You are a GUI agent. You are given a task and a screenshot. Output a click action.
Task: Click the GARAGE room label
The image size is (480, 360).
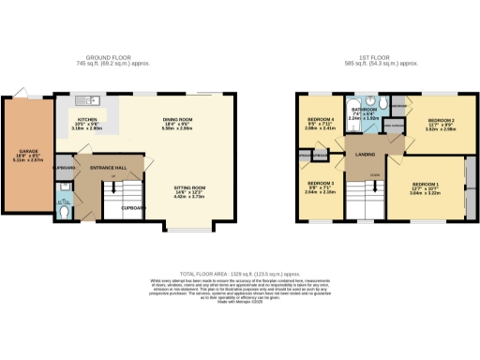click(x=17, y=151)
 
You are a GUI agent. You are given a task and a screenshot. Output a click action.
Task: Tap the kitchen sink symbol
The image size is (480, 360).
click(x=92, y=98)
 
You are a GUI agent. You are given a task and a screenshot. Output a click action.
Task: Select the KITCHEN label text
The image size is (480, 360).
click(x=87, y=121)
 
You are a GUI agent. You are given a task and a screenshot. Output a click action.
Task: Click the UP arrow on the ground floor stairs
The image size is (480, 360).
click(x=113, y=177)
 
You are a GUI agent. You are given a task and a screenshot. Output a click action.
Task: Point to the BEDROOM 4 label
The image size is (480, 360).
click(x=322, y=120)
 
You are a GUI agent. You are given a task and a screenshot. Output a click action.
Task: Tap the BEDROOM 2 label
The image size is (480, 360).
click(x=442, y=121)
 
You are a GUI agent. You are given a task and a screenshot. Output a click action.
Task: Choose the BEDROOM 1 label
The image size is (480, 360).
click(x=427, y=186)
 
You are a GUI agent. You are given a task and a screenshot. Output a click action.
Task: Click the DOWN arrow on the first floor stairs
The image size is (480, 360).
click(x=374, y=175)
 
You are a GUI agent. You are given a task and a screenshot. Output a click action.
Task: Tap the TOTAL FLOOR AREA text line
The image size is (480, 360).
click(x=240, y=269)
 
